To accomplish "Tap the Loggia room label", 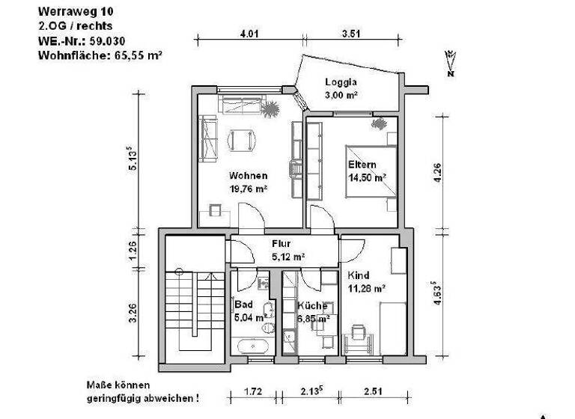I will point(340,82).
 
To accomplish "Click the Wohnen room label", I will point(249,176).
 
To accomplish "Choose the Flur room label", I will point(281,244).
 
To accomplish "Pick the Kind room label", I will point(359,275).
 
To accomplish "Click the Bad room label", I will point(243,305).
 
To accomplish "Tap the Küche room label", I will point(311,306).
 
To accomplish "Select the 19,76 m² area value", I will point(249,189).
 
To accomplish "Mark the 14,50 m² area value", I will point(367,178).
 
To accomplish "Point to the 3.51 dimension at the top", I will point(351,33).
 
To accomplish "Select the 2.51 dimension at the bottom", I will point(374,391).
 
